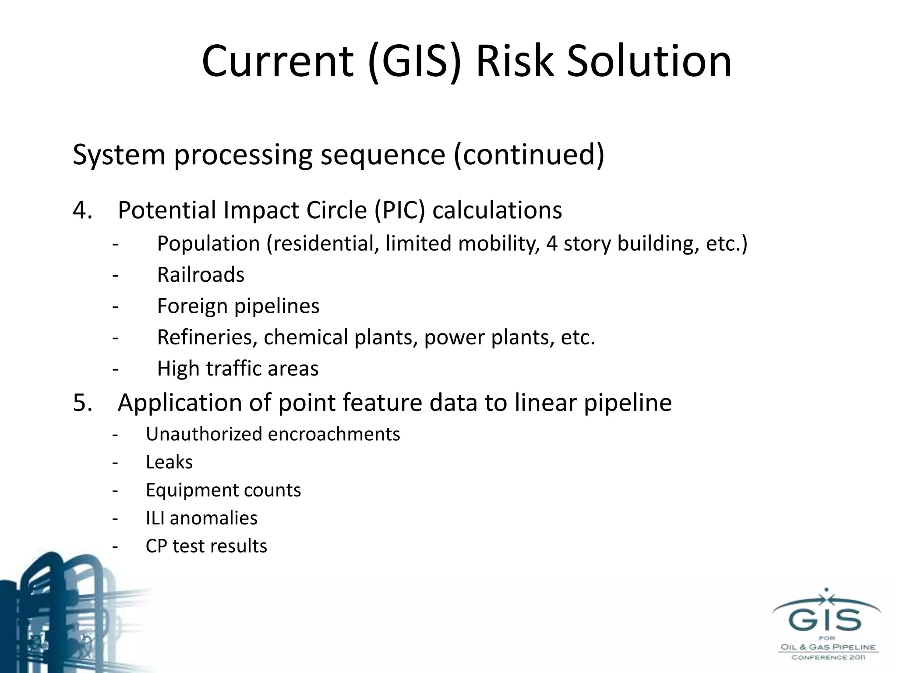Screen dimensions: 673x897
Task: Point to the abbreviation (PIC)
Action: click(x=399, y=210)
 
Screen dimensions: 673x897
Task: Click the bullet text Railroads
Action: click(x=201, y=275)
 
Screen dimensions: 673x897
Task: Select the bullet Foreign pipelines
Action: click(x=238, y=306)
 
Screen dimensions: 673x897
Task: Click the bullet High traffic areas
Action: click(x=238, y=368)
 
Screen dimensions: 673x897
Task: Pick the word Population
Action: click(x=208, y=244)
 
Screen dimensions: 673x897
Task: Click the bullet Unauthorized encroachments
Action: click(x=273, y=434)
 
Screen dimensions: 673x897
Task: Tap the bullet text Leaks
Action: click(x=169, y=462)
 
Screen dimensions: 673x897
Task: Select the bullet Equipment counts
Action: click(x=223, y=490)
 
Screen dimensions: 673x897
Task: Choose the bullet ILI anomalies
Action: click(x=201, y=518)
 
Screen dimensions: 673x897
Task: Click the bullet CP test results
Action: click(x=206, y=546)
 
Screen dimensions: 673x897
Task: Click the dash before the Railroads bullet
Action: click(x=115, y=275)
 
